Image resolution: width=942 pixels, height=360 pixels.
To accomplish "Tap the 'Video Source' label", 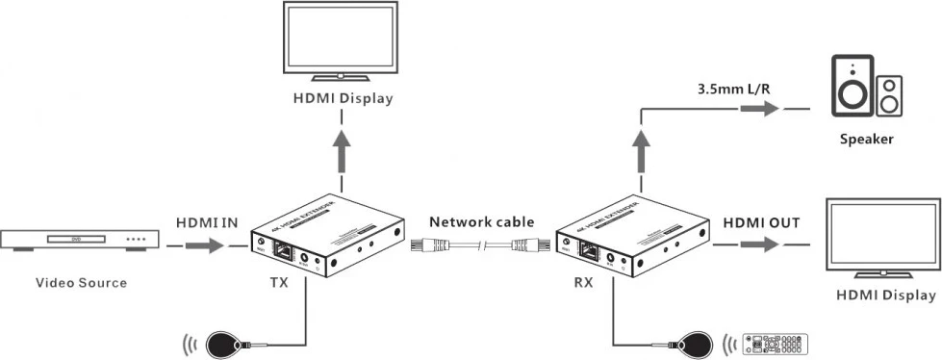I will pyautogui.click(x=81, y=283).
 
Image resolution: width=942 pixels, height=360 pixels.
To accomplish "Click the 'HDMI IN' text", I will pyautogui.click(x=207, y=222).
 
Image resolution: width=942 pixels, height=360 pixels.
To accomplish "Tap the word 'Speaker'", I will pyautogui.click(x=866, y=139).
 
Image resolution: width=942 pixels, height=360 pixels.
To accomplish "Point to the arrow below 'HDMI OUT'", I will pyautogui.click(x=761, y=246).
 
